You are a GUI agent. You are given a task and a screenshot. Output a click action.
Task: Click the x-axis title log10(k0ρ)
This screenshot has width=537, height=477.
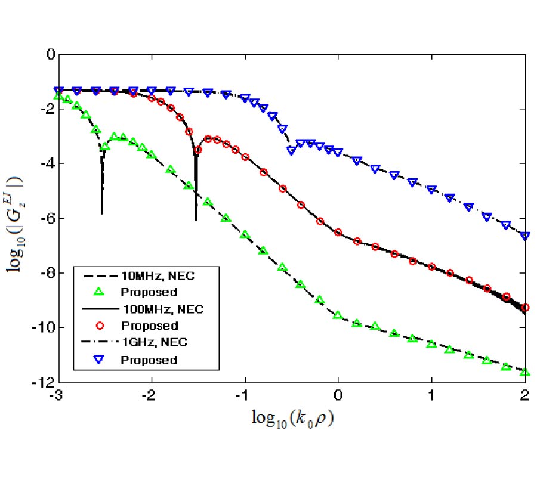coord(292,419)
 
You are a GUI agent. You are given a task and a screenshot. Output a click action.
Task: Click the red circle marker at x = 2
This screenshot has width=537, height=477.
coord(525,308)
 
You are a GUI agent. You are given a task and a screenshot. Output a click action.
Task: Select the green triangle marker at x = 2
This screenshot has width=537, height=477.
coord(525,373)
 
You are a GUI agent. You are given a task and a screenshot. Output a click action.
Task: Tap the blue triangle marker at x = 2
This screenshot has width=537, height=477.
coord(525,236)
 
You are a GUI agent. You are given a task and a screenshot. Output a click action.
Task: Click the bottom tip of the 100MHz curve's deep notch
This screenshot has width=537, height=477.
coord(196,221)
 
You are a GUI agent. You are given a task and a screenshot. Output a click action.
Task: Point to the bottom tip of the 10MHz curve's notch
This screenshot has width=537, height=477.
coord(102,213)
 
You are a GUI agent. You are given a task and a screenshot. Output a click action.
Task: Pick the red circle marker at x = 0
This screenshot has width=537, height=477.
coord(338,232)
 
